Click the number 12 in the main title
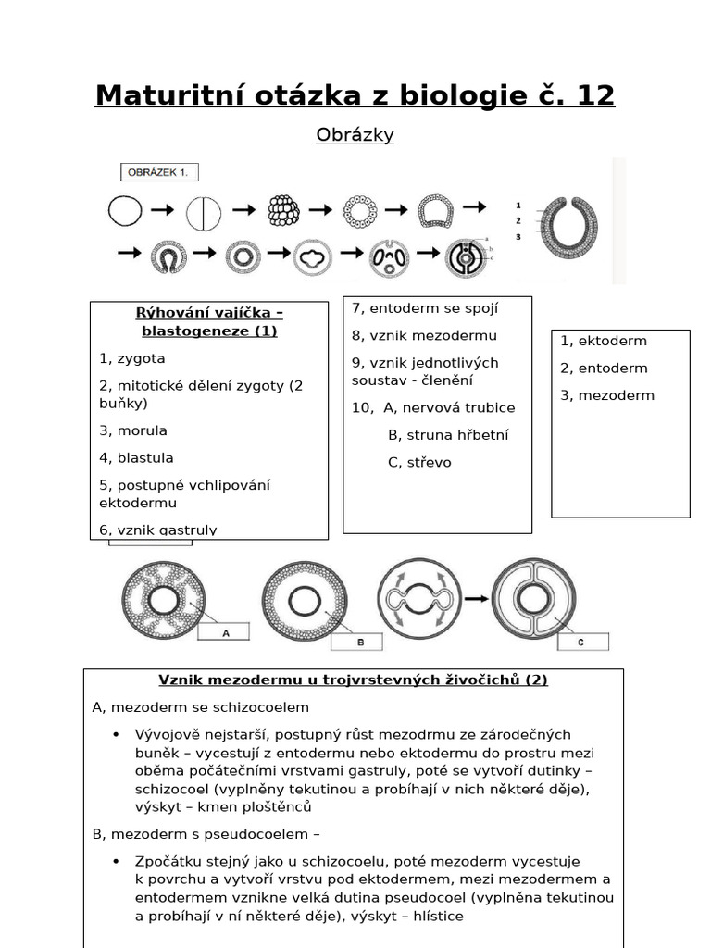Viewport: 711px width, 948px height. (590, 95)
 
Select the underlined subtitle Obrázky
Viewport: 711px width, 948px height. (355, 135)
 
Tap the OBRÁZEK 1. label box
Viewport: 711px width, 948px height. (159, 172)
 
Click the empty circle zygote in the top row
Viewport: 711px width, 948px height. (124, 211)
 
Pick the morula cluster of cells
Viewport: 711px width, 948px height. (282, 211)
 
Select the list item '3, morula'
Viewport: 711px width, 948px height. (133, 430)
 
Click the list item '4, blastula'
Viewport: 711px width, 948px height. (136, 457)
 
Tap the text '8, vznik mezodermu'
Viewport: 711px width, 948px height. (424, 335)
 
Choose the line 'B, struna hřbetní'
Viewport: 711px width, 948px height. (448, 435)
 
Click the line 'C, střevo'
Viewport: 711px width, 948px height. (419, 462)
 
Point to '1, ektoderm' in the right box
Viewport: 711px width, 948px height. (604, 341)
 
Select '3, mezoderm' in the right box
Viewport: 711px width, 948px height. (607, 395)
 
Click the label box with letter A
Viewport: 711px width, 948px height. (224, 632)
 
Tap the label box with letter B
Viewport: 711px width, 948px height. (362, 641)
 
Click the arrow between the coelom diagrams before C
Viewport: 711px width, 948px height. (476, 599)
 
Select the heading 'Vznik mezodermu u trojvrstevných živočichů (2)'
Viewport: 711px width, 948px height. (353, 680)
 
